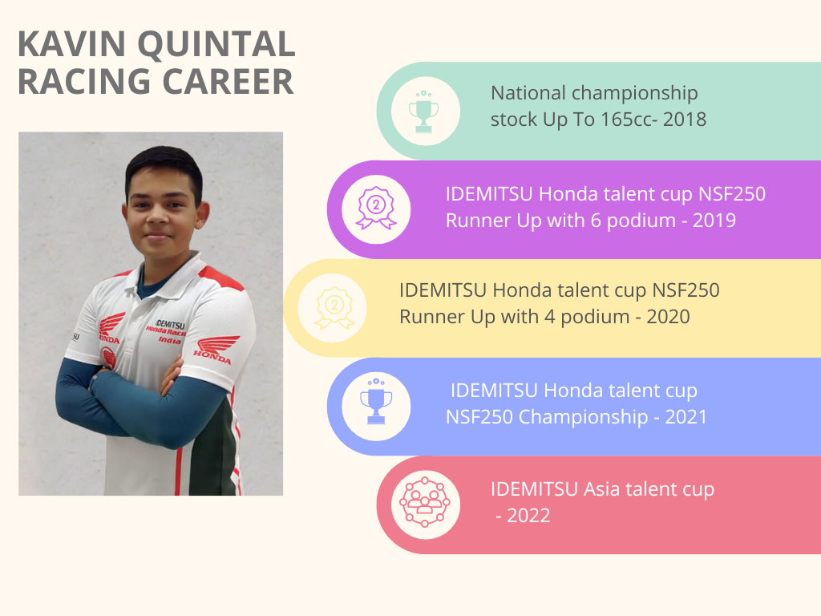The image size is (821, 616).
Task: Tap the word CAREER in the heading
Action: tap(228, 82)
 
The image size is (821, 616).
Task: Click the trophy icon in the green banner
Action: tap(423, 111)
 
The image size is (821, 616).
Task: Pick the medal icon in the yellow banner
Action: tap(334, 308)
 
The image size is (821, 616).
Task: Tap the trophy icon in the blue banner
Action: tap(376, 401)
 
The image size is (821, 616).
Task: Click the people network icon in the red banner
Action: tap(425, 502)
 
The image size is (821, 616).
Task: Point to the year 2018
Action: tap(685, 120)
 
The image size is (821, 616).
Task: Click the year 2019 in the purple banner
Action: tap(714, 221)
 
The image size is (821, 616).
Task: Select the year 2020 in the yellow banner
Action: tap(668, 317)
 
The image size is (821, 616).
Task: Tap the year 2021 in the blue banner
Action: tap(686, 417)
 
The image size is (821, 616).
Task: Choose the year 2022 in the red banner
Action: tap(528, 516)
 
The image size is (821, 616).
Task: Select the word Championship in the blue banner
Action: tap(584, 417)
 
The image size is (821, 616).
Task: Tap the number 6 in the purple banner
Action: tap(596, 221)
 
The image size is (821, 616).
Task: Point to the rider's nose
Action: tap(157, 216)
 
